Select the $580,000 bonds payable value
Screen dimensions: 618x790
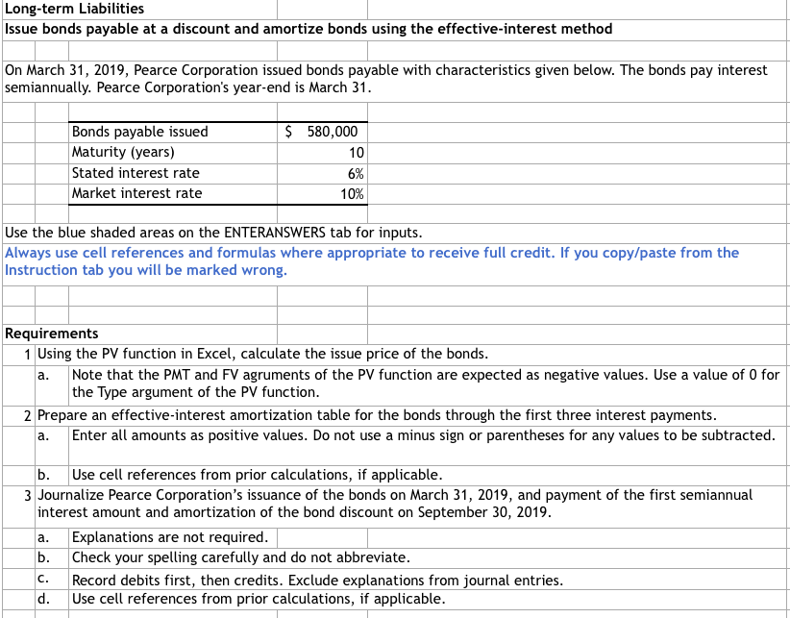(323, 133)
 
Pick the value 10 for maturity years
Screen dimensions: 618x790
(355, 153)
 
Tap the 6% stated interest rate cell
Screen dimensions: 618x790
(355, 173)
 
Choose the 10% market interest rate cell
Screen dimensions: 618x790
(353, 193)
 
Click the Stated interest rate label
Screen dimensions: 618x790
(136, 173)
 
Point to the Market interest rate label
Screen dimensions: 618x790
(137, 193)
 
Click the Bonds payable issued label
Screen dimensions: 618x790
(139, 133)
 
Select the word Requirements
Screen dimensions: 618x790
(52, 334)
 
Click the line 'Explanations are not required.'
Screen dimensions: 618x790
(170, 538)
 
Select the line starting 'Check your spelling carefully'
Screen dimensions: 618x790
(240, 558)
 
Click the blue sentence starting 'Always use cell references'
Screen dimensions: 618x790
(371, 253)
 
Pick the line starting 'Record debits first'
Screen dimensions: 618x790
(317, 580)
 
